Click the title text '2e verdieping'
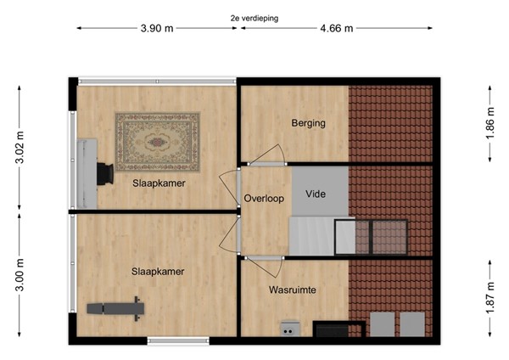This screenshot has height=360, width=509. tap(254, 17)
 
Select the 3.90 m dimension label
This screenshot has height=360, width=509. tap(157, 28)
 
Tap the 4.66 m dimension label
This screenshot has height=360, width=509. tap(337, 28)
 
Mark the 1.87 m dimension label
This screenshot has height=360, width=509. tap(490, 298)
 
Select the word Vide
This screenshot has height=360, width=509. tap(316, 194)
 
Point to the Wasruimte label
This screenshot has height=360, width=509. tap(293, 290)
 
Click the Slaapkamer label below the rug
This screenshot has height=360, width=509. tap(159, 183)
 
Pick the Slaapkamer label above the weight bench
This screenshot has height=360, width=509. tap(158, 272)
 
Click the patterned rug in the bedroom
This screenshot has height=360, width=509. tap(158, 142)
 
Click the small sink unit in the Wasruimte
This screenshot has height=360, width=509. tap(290, 328)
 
